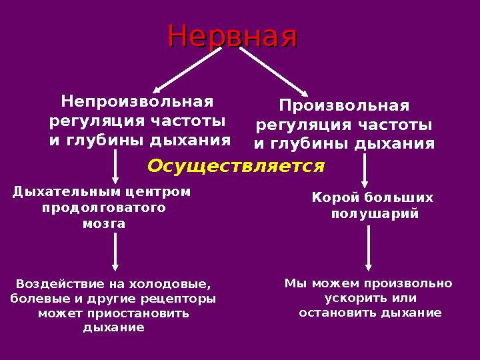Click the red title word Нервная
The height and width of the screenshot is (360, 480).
(x=232, y=36)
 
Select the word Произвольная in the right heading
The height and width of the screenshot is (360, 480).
(x=343, y=106)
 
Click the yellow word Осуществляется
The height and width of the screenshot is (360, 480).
(x=236, y=165)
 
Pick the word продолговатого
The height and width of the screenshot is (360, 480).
(x=104, y=208)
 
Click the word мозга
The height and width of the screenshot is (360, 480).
(x=104, y=224)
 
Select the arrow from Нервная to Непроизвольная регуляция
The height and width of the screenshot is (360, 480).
(x=187, y=70)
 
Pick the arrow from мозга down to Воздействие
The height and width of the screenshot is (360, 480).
(x=116, y=252)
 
